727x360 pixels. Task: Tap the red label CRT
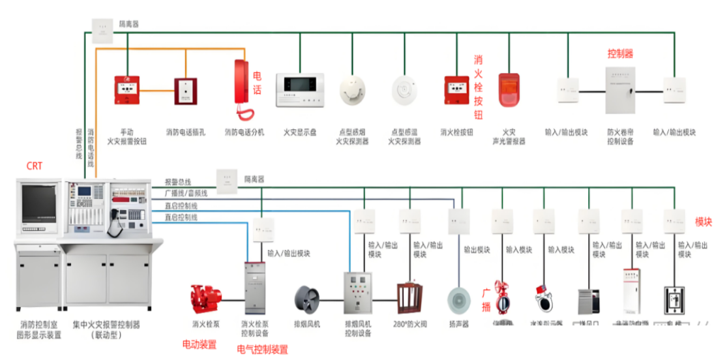coord(35,166)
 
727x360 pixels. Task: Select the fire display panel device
coord(300,90)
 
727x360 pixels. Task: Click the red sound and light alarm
coord(508,90)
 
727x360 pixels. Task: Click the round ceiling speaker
coord(459,301)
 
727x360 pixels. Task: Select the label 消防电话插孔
coord(186,132)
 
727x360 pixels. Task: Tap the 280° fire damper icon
coord(410,299)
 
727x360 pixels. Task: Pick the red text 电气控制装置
coord(262,350)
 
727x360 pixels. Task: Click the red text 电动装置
coord(200,344)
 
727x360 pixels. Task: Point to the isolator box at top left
coord(103,29)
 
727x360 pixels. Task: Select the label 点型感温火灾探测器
coord(404,136)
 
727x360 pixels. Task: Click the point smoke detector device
coord(353,90)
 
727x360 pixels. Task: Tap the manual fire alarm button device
coord(126,90)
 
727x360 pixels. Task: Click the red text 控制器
coord(620,53)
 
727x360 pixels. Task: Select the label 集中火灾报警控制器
coord(106,329)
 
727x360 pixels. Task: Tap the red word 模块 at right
coord(704,222)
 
